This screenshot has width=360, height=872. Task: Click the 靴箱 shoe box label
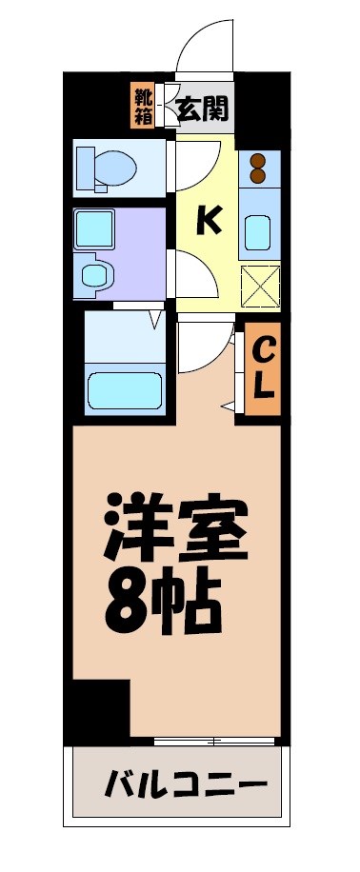pyautogui.click(x=142, y=106)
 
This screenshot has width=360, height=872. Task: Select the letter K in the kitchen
pyautogui.click(x=209, y=221)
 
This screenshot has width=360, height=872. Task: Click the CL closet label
pyautogui.click(x=264, y=369)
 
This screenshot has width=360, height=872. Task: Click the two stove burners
pyautogui.click(x=257, y=168)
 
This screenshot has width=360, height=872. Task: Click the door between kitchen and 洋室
pyautogui.click(x=205, y=347)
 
